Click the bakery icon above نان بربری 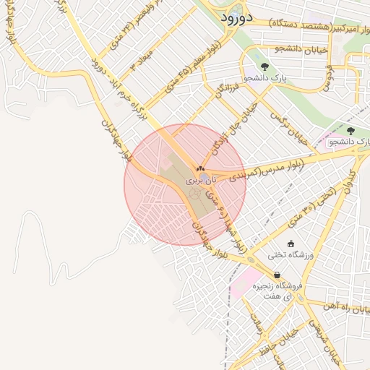pos(199,168)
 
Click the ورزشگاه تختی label pos(290,255)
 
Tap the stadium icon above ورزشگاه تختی pos(291,244)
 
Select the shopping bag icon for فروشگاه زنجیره pos(277,275)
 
